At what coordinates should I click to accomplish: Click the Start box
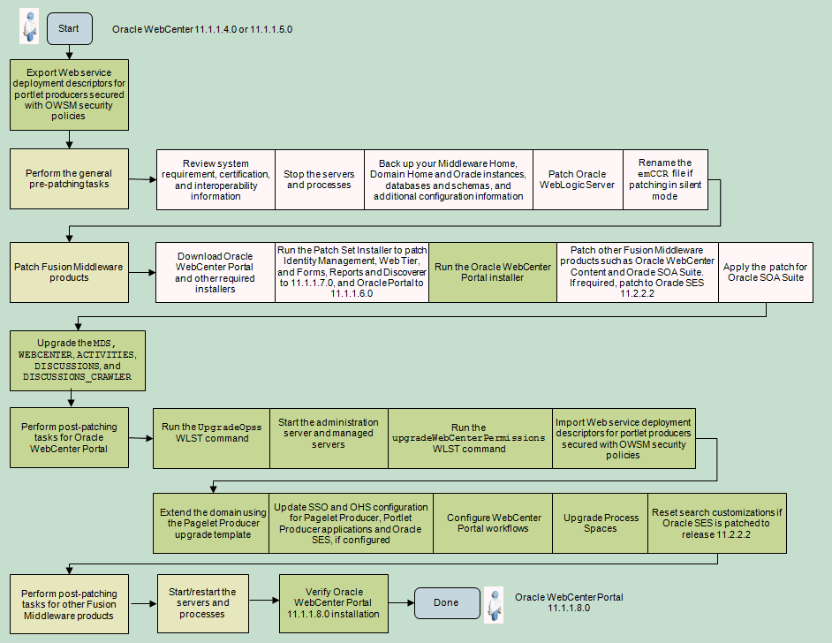coord(69,29)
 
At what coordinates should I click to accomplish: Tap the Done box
coord(447,602)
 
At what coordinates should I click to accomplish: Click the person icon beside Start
coord(30,27)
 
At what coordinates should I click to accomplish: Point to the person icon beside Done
coord(494,604)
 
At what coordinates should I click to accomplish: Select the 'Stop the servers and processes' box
coord(319,179)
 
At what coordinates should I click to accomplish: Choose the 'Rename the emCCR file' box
coord(665,179)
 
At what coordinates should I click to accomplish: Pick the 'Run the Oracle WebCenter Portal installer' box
coord(493,272)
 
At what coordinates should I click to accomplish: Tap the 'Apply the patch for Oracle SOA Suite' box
coord(765,272)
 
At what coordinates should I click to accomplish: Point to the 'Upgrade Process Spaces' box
coord(601,523)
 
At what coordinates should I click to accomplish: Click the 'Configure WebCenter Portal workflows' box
coord(493,523)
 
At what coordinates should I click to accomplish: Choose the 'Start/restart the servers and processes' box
coord(202,603)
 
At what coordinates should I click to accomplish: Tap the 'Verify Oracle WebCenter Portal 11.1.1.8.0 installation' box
coord(335,603)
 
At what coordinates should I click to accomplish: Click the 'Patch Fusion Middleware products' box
coord(69,272)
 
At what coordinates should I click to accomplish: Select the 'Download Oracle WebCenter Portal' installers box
coord(215,272)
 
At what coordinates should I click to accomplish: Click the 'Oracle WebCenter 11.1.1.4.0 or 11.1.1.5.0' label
coord(202,29)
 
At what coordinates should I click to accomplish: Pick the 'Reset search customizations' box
coord(716,523)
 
